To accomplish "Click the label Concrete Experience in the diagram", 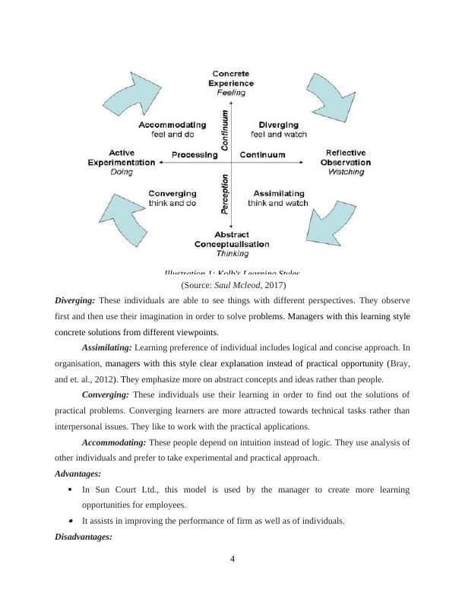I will (x=232, y=78).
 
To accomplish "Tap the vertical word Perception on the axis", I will (x=225, y=195).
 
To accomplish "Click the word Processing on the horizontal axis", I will (x=195, y=155).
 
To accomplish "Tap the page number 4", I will (x=232, y=561).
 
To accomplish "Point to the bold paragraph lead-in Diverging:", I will (x=75, y=300).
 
